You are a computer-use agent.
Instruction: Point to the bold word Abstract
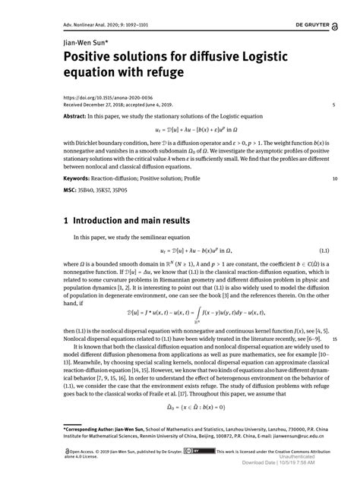coord(76,118)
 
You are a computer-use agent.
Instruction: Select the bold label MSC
coord(70,191)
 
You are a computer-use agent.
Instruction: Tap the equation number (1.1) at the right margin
coord(323,251)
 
